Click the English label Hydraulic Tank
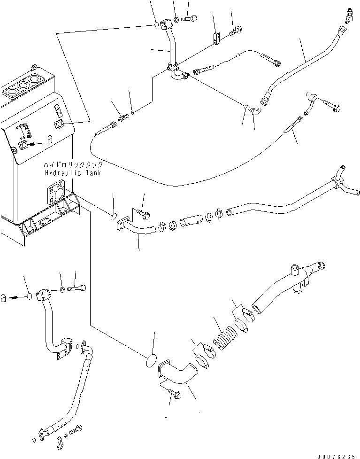point(73,173)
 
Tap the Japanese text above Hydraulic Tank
point(73,164)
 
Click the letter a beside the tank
point(50,140)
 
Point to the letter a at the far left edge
point(3,298)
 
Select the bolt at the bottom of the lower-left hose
point(76,430)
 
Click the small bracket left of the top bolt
point(216,39)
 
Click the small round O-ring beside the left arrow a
point(29,296)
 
